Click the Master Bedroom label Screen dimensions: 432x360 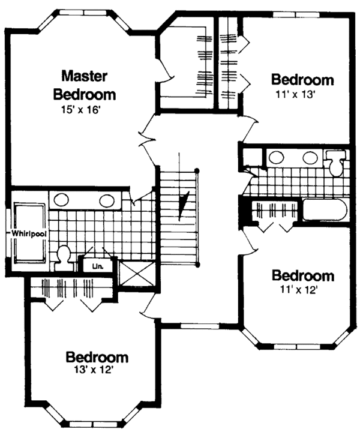click(85, 85)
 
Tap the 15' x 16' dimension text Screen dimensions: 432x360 click(85, 110)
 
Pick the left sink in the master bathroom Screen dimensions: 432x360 click(62, 200)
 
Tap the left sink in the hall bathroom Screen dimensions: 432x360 click(277, 158)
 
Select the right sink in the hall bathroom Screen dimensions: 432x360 click(309, 158)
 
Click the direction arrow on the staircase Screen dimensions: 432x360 click(184, 202)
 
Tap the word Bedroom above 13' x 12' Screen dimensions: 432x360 click(97, 358)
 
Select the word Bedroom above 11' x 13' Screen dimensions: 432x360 click(302, 80)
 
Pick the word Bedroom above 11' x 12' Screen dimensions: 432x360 click(302, 276)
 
